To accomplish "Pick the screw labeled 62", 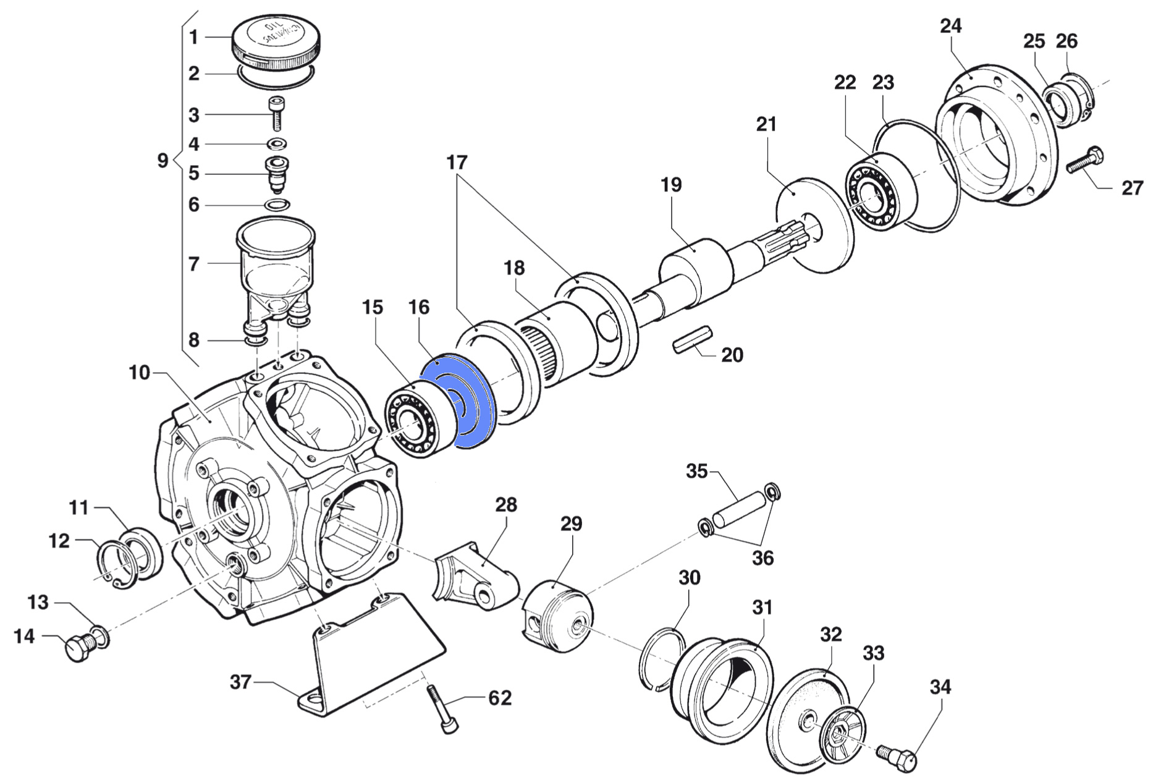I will coord(442,710).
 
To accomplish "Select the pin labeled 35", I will coord(738,511).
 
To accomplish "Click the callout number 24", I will coord(951,27).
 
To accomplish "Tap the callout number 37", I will coord(240,682).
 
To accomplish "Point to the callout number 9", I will coord(163,161).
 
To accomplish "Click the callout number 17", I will coord(457,163).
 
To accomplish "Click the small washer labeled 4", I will coord(276,145).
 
